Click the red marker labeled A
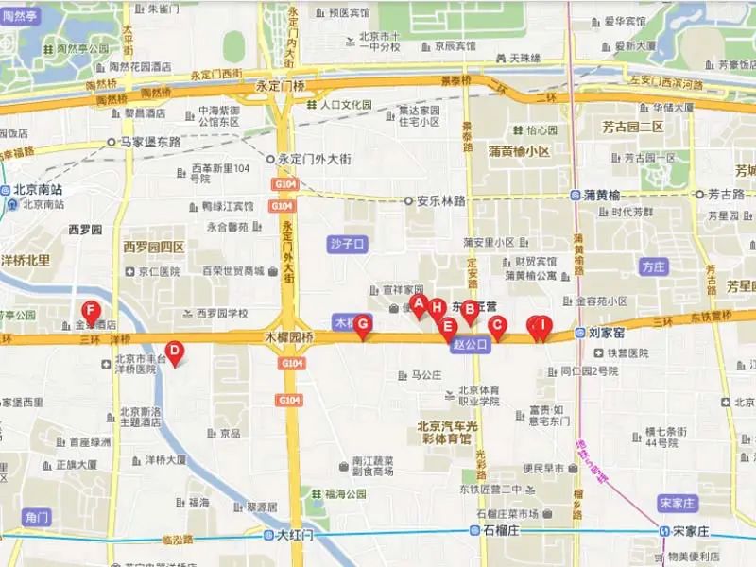click(419, 302)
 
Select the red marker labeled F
click(91, 310)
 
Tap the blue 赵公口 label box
click(470, 345)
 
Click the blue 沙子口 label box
click(347, 244)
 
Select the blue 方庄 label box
click(653, 266)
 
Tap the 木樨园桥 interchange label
click(288, 335)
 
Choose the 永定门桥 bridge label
click(280, 86)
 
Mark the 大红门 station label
click(293, 535)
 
